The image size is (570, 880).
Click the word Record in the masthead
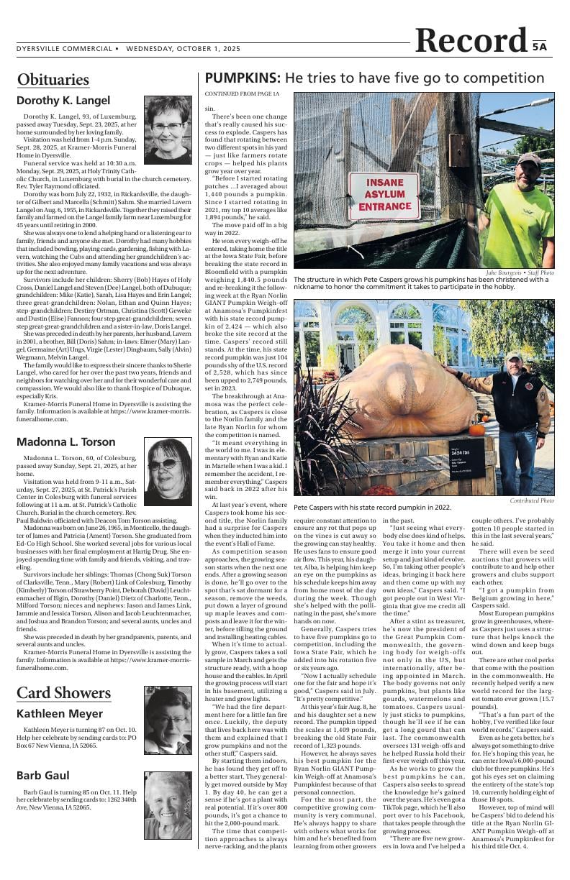click(471, 41)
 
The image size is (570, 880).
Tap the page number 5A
click(540, 47)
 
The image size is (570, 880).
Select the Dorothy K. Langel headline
click(63, 101)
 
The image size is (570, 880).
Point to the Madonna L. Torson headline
click(65, 441)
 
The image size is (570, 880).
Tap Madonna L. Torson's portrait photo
click(168, 471)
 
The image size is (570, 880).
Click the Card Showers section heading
click(63, 692)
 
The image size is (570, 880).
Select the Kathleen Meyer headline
click(60, 714)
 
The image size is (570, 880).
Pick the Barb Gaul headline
click(44, 775)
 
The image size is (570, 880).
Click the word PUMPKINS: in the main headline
click(243, 78)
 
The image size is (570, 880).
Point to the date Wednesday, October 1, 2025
click(183, 49)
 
